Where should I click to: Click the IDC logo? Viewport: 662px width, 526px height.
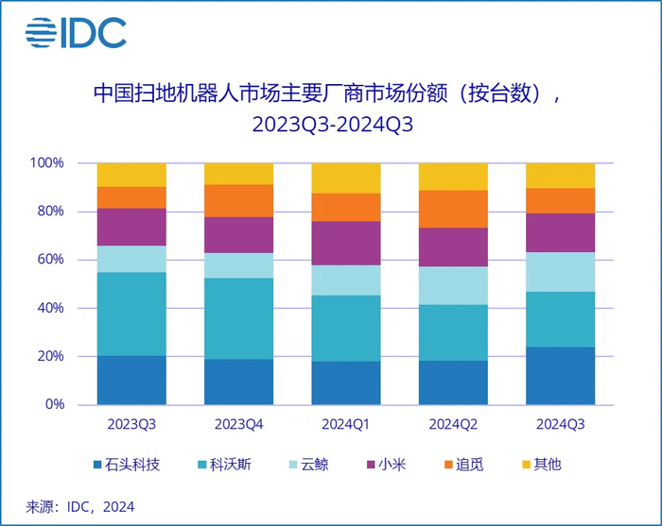click(76, 33)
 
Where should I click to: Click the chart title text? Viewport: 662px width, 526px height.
click(331, 109)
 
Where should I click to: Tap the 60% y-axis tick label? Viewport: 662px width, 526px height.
click(49, 260)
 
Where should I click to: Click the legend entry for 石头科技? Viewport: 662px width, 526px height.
click(129, 465)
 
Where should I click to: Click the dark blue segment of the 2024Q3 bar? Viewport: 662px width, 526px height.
click(560, 376)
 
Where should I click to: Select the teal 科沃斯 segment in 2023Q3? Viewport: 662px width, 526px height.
click(131, 314)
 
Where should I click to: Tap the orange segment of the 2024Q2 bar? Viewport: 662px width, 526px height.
click(453, 209)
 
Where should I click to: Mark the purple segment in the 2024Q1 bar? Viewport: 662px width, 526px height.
click(346, 243)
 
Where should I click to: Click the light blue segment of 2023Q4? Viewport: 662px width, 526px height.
click(238, 265)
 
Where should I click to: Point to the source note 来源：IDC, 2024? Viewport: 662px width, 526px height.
click(80, 507)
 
